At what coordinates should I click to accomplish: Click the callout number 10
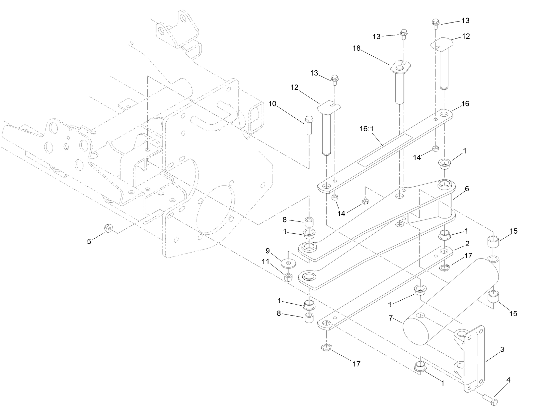click(272, 104)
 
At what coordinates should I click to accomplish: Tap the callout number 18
click(356, 48)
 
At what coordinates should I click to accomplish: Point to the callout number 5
click(89, 242)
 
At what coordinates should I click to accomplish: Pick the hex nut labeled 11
click(288, 277)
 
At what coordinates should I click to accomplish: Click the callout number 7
click(391, 319)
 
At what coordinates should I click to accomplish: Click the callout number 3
click(503, 349)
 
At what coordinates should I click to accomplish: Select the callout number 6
click(467, 189)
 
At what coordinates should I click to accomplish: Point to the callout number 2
click(467, 244)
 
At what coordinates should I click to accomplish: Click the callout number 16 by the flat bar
click(465, 104)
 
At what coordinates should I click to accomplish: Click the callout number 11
click(265, 261)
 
